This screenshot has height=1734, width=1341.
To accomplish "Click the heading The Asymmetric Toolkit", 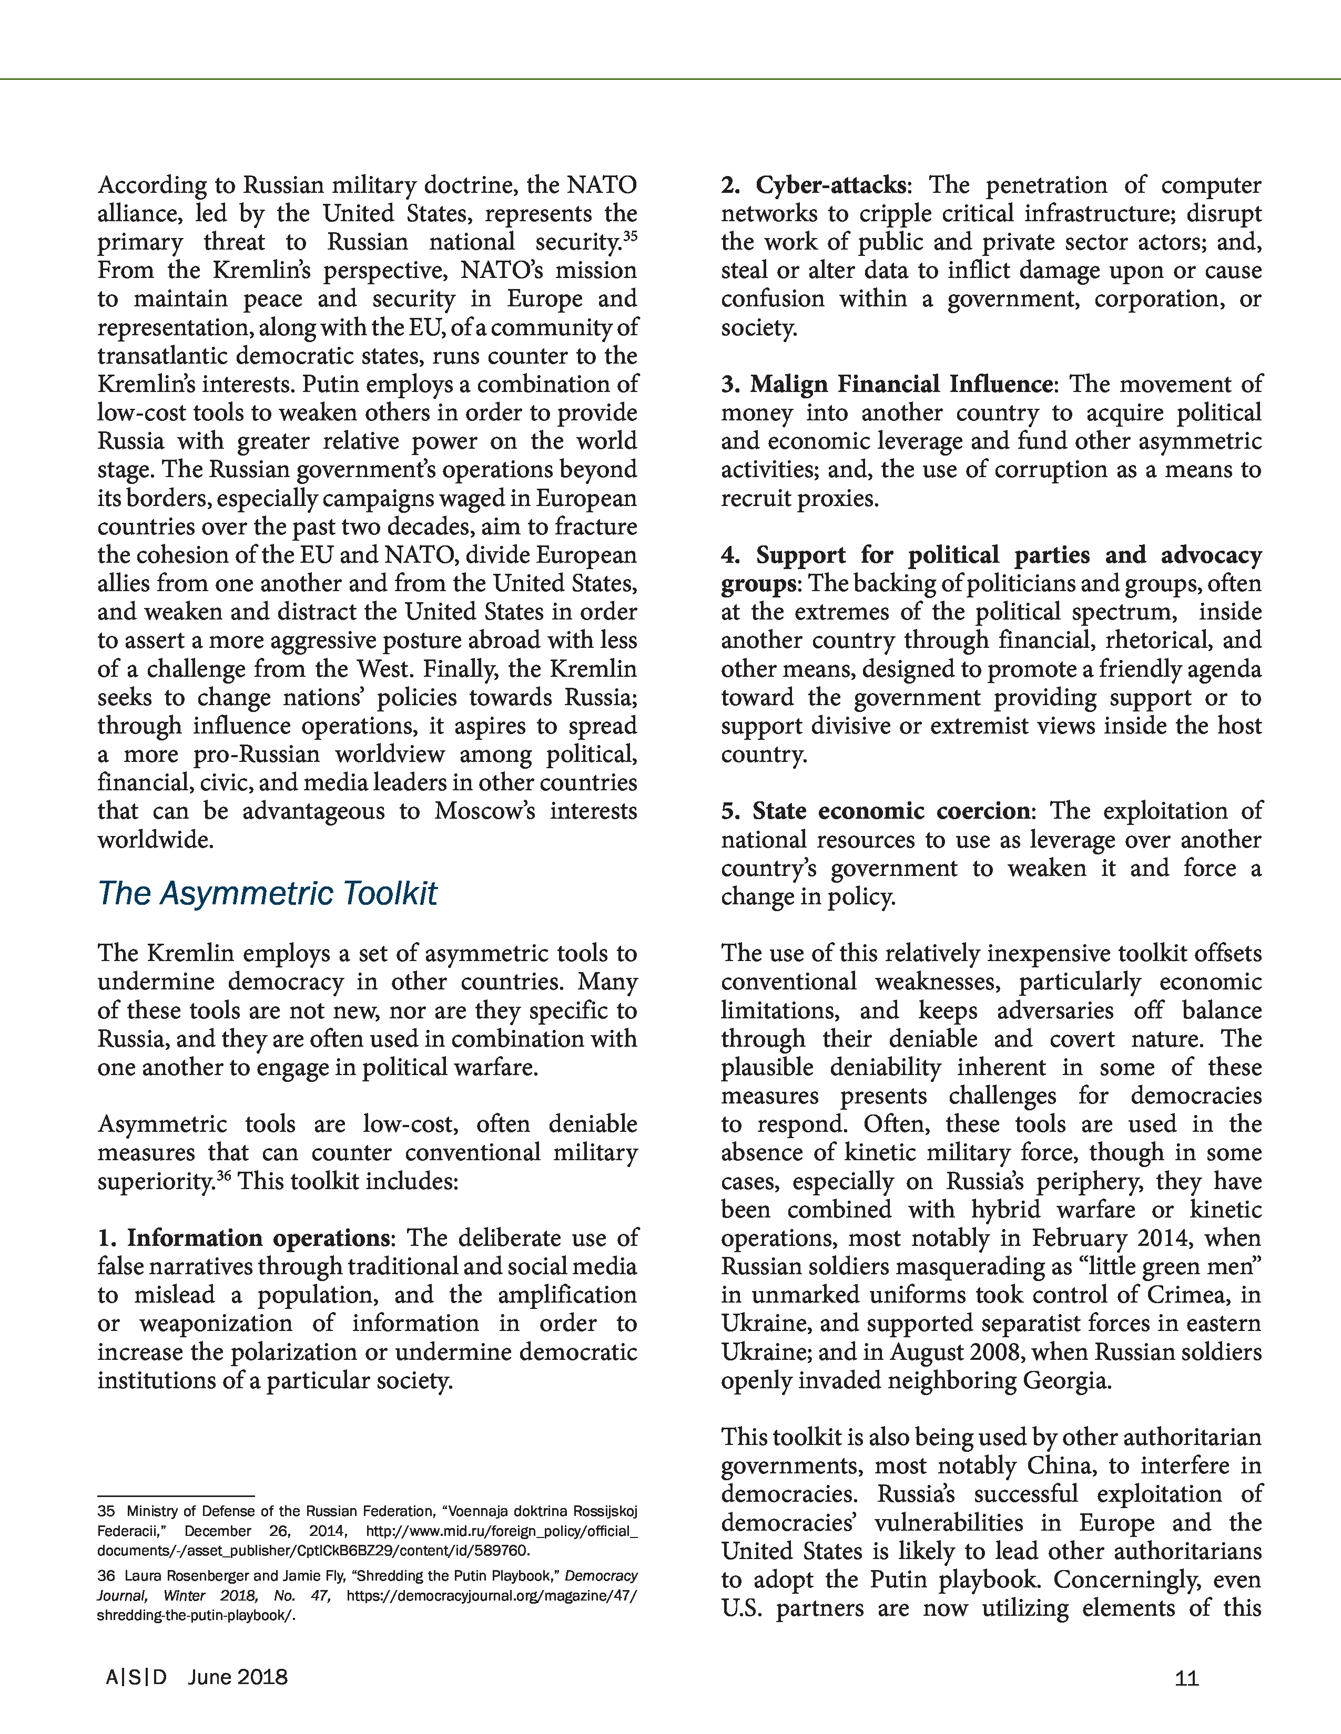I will (x=267, y=893).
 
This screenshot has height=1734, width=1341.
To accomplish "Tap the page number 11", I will (x=1186, y=1678).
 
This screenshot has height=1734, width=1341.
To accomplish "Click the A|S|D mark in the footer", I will (x=137, y=1677).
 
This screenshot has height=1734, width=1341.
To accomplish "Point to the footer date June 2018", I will (x=238, y=1677).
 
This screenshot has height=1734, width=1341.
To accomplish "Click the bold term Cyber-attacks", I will (x=829, y=185).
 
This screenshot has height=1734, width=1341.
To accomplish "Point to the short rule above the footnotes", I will (x=176, y=1496).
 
